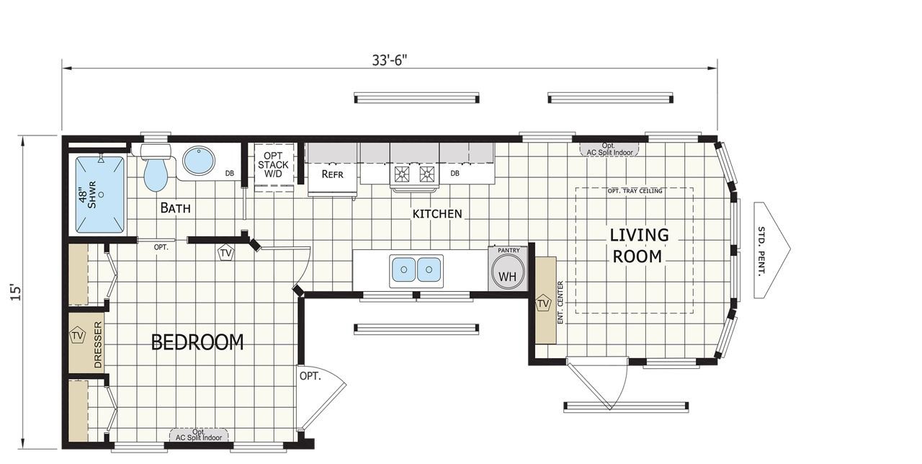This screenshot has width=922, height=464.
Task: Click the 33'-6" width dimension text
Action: (390, 60)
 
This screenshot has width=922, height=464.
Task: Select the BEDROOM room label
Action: (197, 342)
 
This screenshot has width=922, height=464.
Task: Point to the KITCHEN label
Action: (437, 214)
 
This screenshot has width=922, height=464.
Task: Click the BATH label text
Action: (175, 208)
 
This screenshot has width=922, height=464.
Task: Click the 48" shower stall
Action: (100, 195)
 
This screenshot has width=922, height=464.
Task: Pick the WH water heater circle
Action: (508, 275)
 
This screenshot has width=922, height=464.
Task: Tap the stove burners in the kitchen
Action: (413, 174)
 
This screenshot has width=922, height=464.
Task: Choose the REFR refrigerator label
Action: (332, 174)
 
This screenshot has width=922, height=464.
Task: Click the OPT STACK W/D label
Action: (273, 164)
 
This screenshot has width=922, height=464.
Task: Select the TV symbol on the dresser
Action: (77, 336)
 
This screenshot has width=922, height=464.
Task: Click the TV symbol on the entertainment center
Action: (543, 303)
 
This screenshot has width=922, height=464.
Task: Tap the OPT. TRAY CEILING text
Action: (635, 191)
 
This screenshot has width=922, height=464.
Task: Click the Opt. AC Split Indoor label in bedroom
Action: (199, 434)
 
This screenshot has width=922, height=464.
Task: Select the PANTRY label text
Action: (509, 250)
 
